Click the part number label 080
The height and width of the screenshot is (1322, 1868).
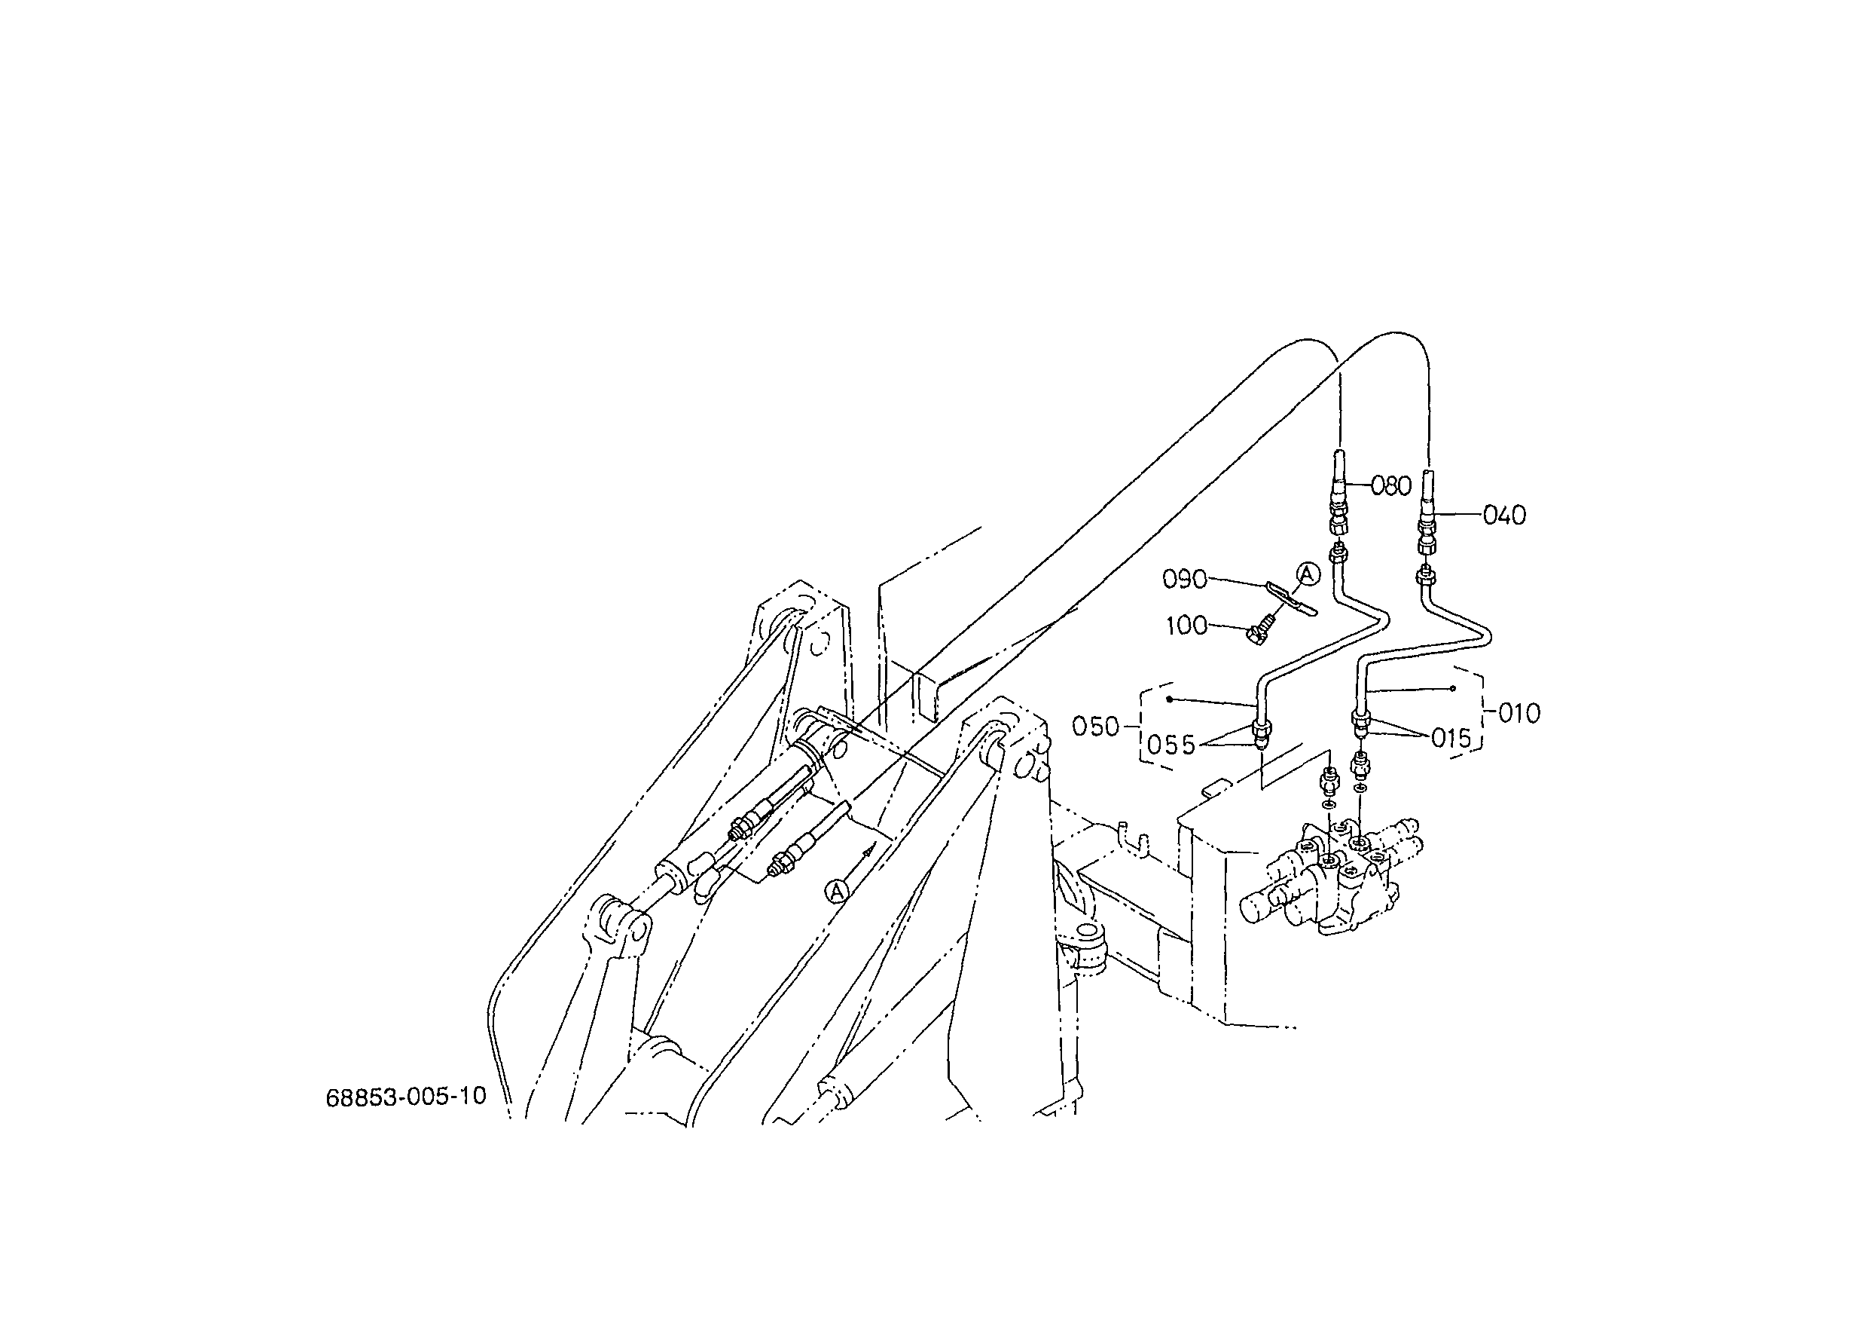coord(1391,486)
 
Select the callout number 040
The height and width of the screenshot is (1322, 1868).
coord(1504,516)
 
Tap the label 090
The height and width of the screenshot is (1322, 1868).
coord(1185,580)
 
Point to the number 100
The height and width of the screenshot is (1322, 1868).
coord(1187,626)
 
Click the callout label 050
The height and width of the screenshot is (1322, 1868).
coord(1096,726)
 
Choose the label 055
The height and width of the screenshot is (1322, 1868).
coord(1171,745)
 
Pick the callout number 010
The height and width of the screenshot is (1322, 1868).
coord(1519,714)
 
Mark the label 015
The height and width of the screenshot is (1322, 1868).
coord(1451,739)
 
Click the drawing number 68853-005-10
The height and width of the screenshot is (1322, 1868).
coord(406,1097)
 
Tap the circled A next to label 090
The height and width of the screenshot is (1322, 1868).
coord(1308,575)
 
